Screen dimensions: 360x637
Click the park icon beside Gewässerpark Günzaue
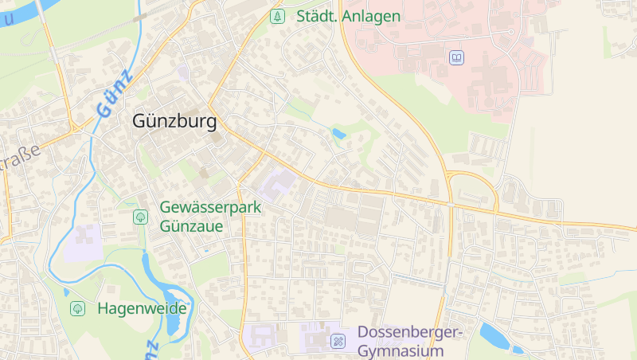[x=140, y=216]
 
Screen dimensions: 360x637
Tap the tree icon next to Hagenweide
[x=78, y=308]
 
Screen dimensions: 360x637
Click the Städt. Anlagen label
[x=348, y=15]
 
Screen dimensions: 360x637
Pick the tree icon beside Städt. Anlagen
[x=277, y=15]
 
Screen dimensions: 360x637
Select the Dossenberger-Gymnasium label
[x=409, y=341]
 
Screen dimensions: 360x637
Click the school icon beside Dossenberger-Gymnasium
[x=338, y=341]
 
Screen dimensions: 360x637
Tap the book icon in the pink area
[x=456, y=58]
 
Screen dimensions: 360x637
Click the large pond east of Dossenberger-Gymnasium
[x=494, y=336]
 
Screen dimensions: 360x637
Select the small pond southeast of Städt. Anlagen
[x=339, y=134]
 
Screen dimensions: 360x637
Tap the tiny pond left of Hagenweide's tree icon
[x=66, y=292]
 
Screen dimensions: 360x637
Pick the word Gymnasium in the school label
[x=400, y=350]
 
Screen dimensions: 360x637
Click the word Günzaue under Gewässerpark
[x=192, y=225]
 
